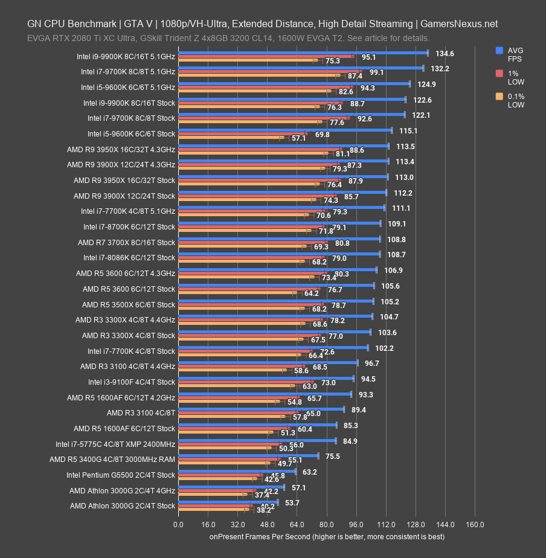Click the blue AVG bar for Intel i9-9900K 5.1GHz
[x=302, y=53]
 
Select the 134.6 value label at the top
[x=445, y=54]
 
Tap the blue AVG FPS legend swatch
[x=499, y=51]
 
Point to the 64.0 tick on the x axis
[x=297, y=524]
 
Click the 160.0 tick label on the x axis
[x=475, y=524]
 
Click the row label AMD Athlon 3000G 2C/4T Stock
[x=122, y=506]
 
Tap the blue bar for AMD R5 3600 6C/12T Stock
[x=276, y=286]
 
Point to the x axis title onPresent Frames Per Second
[x=327, y=536]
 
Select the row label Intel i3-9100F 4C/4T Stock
[x=131, y=382]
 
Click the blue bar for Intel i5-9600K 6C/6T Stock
[x=285, y=130]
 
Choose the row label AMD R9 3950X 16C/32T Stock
[x=124, y=181]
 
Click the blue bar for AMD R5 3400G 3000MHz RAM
[x=248, y=456]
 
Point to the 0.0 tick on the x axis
[x=178, y=524]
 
